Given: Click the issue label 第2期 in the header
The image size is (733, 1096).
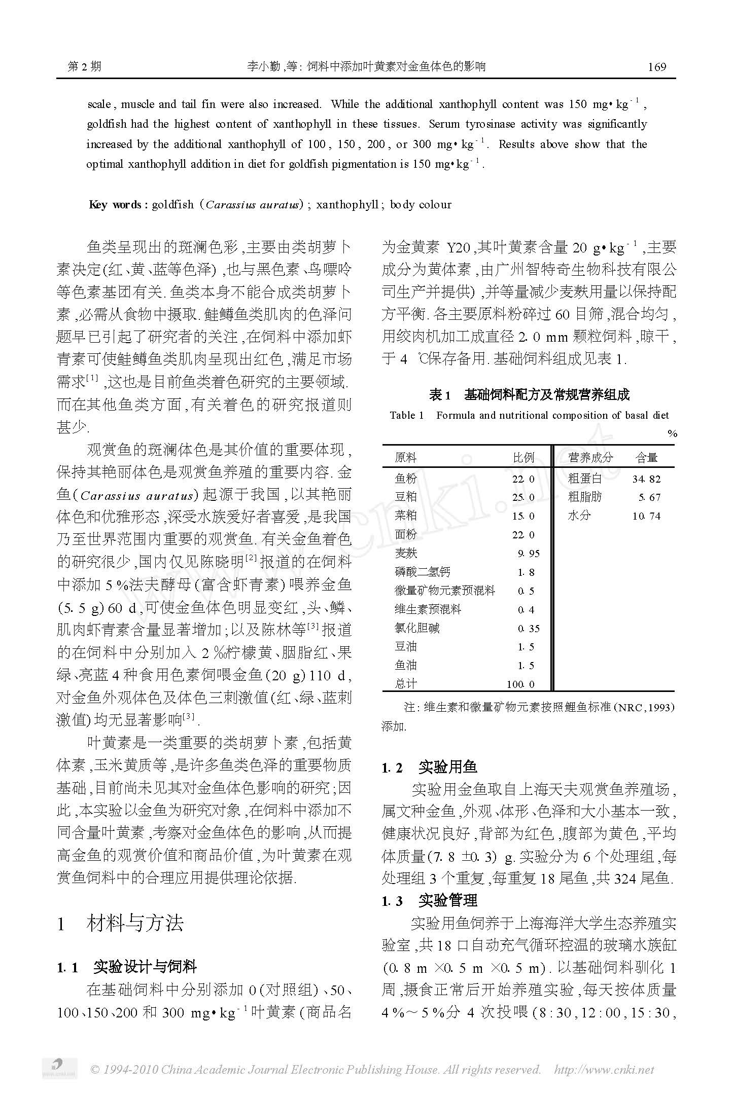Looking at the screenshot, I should [84, 67].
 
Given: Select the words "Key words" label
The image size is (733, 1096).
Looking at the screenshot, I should [116, 205].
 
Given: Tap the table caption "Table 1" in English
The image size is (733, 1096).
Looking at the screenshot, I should [406, 416].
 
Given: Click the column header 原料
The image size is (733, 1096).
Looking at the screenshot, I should [405, 458].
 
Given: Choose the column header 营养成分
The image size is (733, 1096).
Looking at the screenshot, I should [590, 458].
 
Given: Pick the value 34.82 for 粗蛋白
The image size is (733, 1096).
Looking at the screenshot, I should [646, 479].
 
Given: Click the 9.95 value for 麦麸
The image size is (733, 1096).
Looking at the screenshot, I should [529, 554].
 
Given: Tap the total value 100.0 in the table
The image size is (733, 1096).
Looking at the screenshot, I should [520, 684].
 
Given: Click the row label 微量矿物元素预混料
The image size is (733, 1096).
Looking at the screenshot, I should [444, 591].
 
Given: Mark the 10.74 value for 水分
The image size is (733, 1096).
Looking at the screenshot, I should [646, 517].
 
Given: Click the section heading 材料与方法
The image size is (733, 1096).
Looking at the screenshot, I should [135, 923].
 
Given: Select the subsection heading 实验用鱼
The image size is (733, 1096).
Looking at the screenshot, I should [447, 768].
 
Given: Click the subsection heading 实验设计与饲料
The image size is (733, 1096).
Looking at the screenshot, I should [145, 967].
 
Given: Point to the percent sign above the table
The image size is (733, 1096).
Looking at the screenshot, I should [672, 433].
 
